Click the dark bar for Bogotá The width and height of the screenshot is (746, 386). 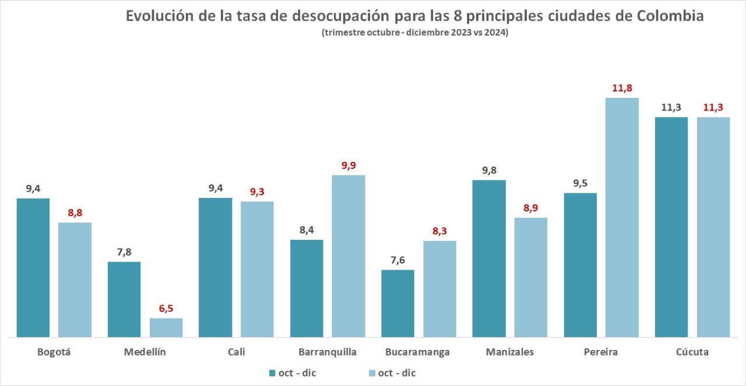[x=33, y=267]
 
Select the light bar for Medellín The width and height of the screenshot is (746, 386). [x=166, y=327]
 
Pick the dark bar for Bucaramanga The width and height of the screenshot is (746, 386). [x=397, y=303]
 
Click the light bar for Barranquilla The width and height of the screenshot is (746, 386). [x=349, y=256]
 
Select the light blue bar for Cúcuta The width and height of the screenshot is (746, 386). [x=713, y=226]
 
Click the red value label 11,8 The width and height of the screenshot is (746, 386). [x=622, y=88]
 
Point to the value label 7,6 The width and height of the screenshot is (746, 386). [x=397, y=260]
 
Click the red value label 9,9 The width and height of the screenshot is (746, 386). [x=349, y=166]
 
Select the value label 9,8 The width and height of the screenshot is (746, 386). [x=489, y=171]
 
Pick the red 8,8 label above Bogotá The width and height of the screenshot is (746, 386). [x=75, y=213]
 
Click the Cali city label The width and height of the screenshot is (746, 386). [x=236, y=352]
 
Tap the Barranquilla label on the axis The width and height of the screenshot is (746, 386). [x=327, y=352]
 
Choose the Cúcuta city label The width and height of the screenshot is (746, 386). [x=692, y=352]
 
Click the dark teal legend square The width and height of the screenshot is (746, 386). [x=272, y=373]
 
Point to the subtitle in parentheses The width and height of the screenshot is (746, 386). [x=414, y=33]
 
